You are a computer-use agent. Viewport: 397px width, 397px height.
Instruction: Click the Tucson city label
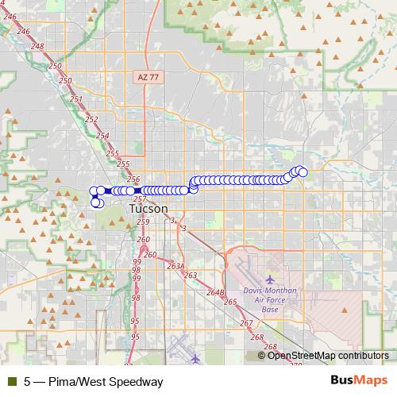pos(148,208)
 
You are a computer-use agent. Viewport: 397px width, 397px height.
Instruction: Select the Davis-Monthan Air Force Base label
pos(269,300)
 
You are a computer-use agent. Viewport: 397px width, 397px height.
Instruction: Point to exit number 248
pos(37,46)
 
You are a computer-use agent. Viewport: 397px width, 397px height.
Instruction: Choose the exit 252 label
pos(91,119)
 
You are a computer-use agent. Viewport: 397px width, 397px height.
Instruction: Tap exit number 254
pos(102,136)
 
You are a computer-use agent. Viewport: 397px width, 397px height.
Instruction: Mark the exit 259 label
pos(142,222)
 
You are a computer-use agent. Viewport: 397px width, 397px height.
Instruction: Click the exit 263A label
pos(175,267)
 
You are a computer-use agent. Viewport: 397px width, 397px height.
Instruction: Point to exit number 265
pos(230,302)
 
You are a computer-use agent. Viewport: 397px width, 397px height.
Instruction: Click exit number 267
pos(246,323)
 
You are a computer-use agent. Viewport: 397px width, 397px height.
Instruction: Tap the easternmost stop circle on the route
pos(303,171)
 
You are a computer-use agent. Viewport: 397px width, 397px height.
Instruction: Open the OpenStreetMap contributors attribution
pos(327,356)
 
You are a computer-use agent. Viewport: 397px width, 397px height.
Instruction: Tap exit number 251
pos(75,99)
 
